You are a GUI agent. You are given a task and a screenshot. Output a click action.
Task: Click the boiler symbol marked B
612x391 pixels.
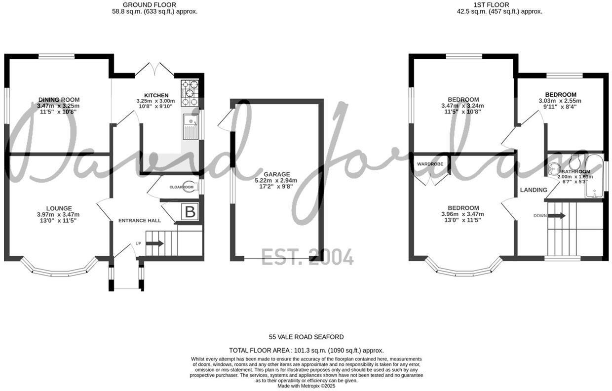pos(190,212)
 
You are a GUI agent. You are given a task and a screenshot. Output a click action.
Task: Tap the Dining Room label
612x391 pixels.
pos(59,100)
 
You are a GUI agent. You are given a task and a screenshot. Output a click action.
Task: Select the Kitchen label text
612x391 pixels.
pos(156,95)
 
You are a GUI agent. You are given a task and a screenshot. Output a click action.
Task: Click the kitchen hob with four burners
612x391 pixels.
pos(189,93)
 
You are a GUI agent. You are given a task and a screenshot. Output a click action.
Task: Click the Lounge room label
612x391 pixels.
pos(59,208)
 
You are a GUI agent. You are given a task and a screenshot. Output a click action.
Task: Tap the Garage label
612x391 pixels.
pos(276,174)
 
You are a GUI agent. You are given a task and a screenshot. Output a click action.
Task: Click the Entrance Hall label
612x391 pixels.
pos(140,221)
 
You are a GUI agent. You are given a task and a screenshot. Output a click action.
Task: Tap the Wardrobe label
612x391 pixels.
pos(430,163)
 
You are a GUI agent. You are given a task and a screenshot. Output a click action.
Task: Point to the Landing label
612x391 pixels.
pos(534,190)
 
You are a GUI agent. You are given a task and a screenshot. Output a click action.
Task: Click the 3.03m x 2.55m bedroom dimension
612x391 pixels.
pos(560,101)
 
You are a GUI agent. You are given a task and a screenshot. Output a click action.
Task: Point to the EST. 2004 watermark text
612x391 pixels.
pos(307,257)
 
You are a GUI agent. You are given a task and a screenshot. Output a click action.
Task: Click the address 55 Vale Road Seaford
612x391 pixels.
pos(306,337)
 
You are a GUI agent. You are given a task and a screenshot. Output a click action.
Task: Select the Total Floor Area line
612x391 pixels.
pos(306,350)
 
